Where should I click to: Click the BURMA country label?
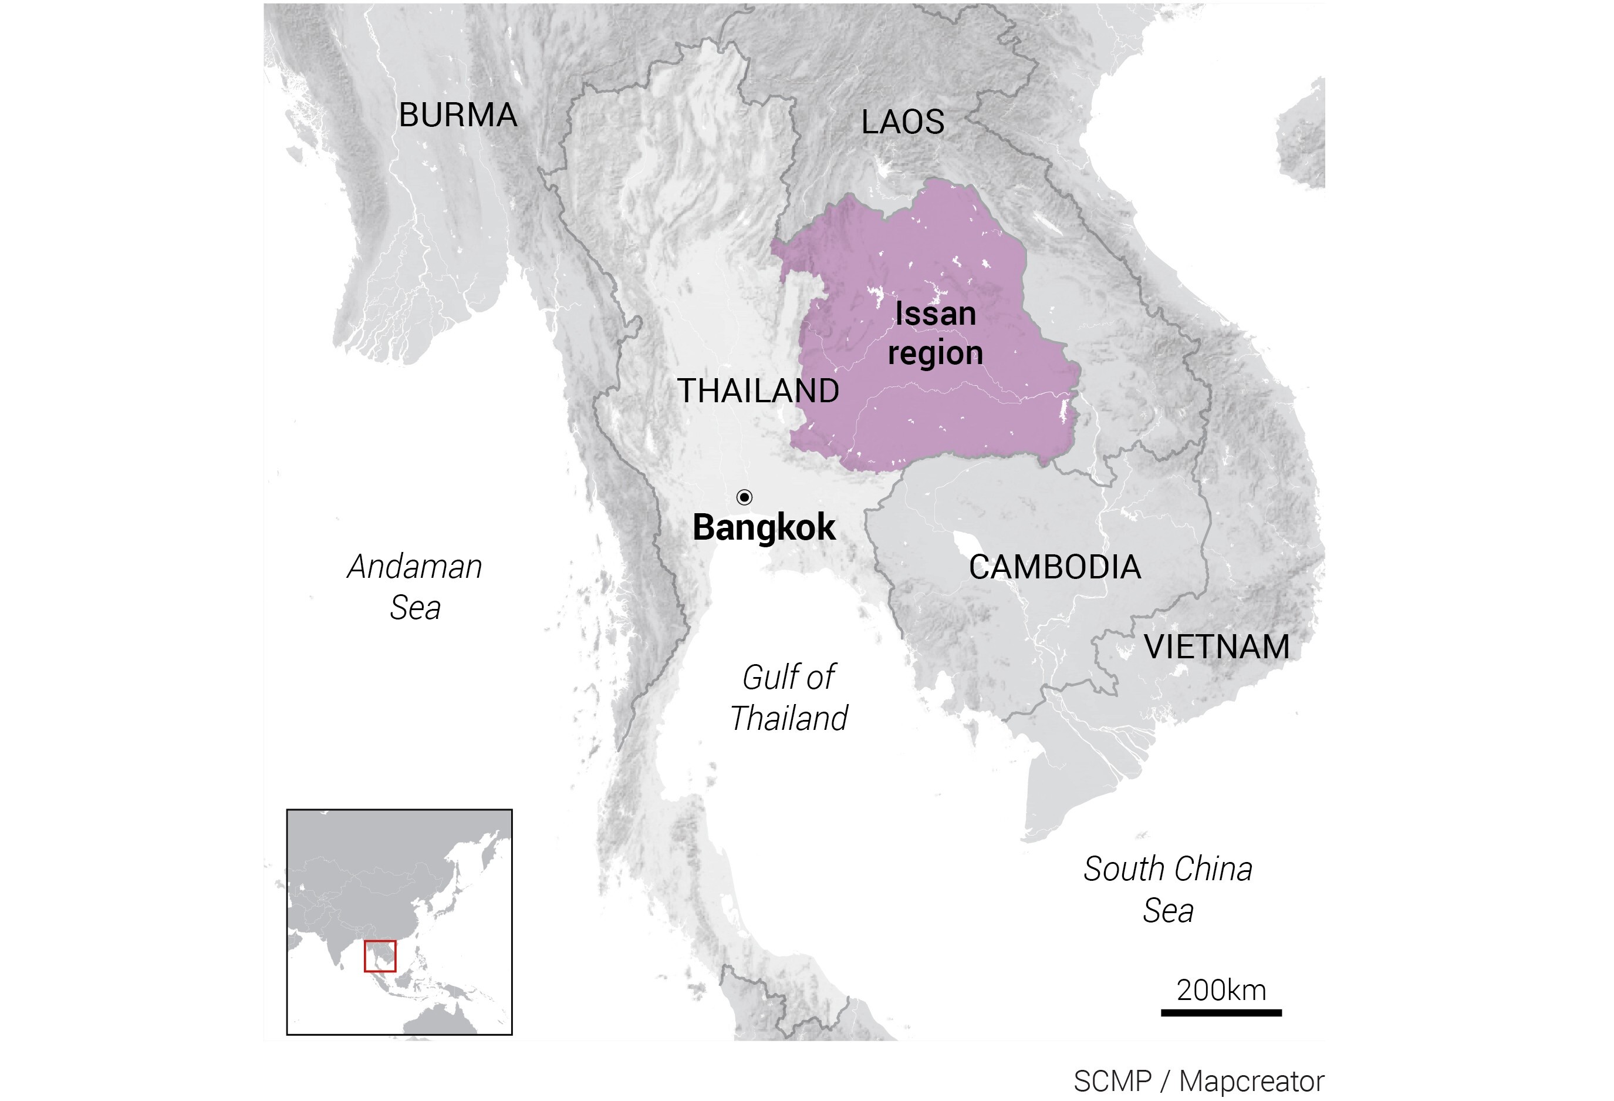458,115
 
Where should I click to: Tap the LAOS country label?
902,123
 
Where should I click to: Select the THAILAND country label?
758,391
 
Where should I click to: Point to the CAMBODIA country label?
1054,567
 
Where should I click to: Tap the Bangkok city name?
763,528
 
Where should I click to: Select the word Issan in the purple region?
935,314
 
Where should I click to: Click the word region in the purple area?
935,353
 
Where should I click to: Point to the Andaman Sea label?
414,587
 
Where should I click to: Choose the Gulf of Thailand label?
788,698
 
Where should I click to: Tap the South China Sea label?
1167,889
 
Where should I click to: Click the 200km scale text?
1221,990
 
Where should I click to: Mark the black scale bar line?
1221,1013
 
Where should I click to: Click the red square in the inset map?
380,956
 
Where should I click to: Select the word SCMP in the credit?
1112,1082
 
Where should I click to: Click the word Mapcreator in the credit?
1251,1082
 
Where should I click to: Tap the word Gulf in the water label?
766,677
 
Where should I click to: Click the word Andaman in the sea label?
414,567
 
